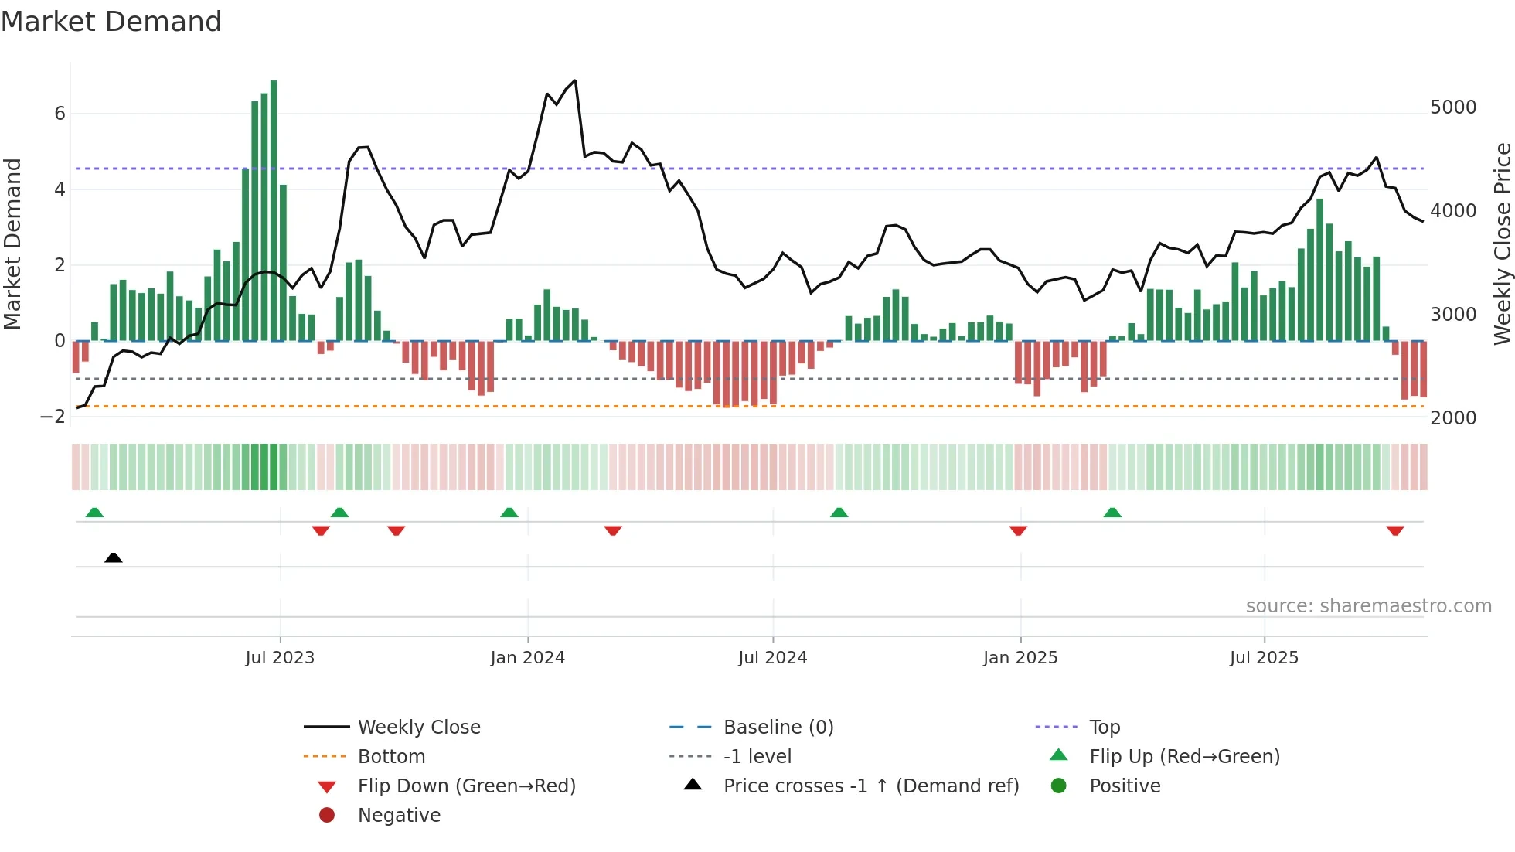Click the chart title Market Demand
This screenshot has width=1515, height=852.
tap(111, 22)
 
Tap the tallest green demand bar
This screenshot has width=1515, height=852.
tap(274, 209)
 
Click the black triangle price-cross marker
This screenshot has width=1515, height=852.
tap(114, 557)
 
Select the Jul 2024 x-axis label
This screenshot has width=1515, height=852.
tap(772, 658)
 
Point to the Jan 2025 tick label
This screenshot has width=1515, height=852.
tap(1020, 658)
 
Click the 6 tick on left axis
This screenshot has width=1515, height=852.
tap(60, 114)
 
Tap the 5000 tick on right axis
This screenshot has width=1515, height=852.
tap(1453, 107)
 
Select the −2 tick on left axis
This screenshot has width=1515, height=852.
tap(53, 417)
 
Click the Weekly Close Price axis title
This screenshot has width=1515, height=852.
tap(1502, 244)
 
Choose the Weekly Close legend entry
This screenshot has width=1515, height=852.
tap(418, 728)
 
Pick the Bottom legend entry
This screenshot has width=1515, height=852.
tap(391, 757)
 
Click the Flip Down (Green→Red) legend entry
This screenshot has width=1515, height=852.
tap(466, 786)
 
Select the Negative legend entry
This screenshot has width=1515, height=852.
tap(399, 816)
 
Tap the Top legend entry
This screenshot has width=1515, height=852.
tap(1105, 728)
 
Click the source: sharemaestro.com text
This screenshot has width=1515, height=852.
tap(1368, 606)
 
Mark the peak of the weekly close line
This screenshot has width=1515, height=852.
tap(575, 80)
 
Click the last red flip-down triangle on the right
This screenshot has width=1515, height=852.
tap(1395, 530)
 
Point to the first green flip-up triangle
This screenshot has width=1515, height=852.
tap(94, 513)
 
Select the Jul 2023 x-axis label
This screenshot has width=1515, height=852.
tap(280, 658)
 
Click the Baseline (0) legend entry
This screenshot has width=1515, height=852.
tap(778, 728)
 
